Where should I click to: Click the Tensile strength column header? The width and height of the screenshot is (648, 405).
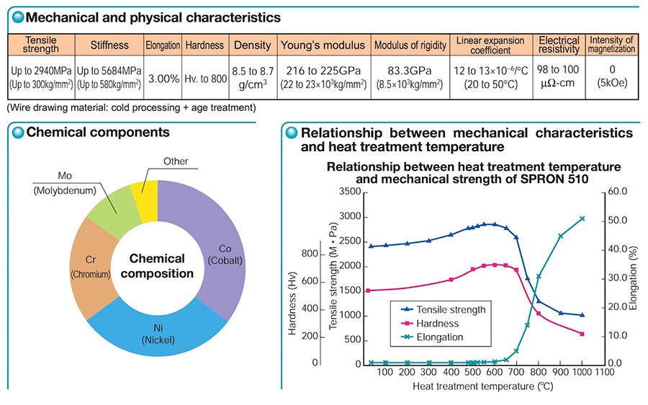pos(41,45)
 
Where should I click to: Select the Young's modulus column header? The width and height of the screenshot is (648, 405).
pos(323,45)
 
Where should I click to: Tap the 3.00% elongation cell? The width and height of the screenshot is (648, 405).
pos(163,78)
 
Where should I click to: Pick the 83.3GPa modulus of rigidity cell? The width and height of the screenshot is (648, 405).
pos(410,77)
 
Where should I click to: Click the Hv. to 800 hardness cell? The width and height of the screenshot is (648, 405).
pos(205,78)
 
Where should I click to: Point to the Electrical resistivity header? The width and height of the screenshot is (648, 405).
pos(559,45)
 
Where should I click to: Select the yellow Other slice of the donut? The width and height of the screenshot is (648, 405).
pos(145,201)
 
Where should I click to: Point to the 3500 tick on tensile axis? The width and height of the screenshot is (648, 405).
pos(350,192)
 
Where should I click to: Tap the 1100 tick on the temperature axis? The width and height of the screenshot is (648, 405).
pos(604,372)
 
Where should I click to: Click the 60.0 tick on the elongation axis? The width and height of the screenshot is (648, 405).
pos(618,192)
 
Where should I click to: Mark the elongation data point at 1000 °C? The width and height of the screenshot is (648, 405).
pos(582,218)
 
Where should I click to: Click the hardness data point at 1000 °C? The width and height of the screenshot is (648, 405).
pos(582,334)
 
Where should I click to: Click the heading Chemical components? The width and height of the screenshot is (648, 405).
pos(98,132)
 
